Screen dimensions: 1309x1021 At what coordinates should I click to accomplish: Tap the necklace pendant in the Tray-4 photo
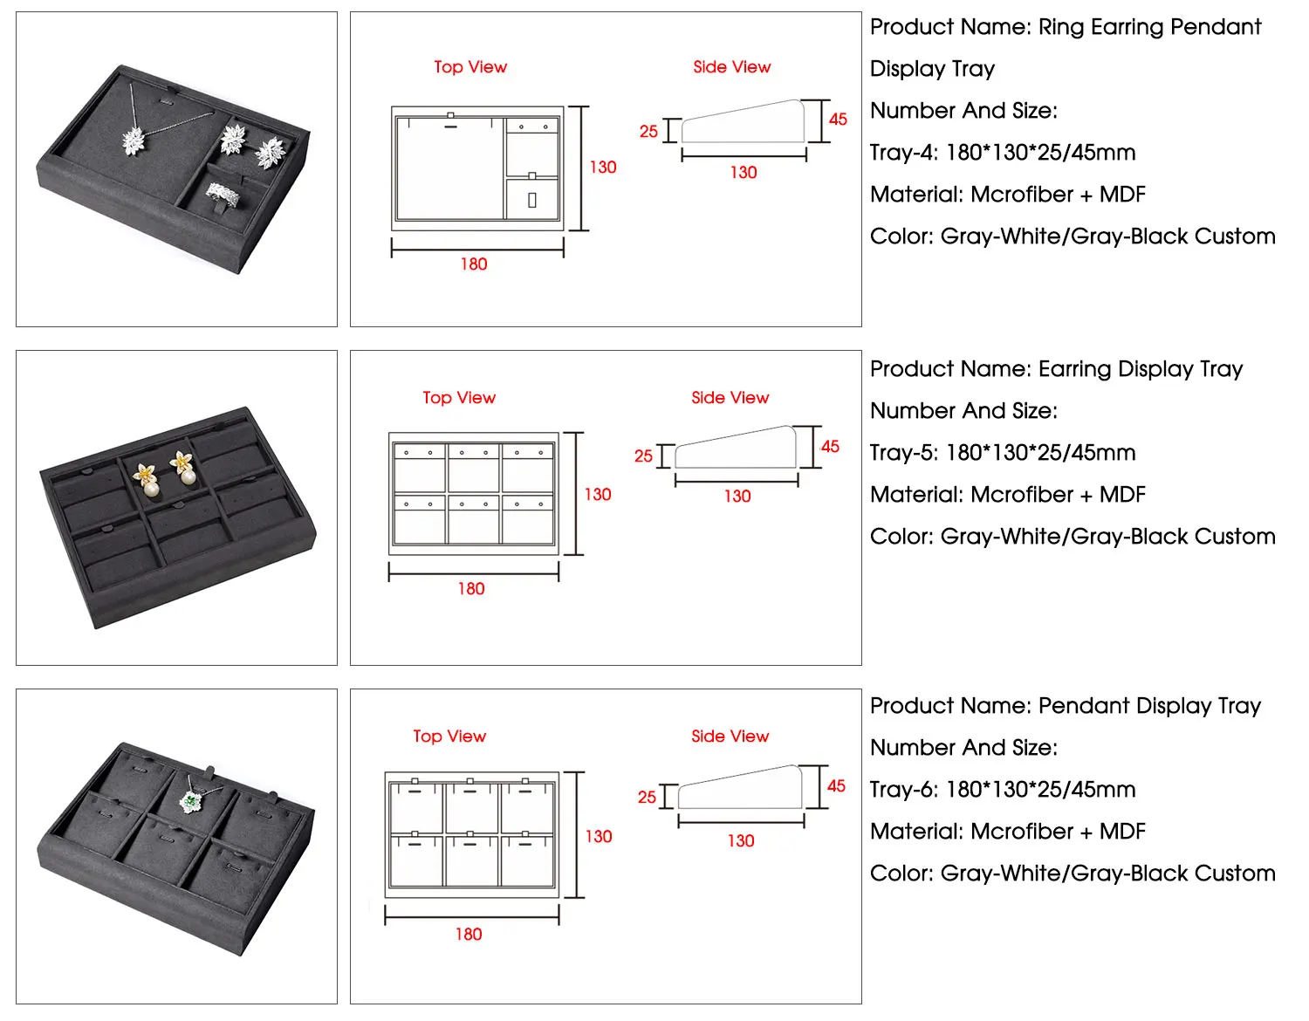click(134, 140)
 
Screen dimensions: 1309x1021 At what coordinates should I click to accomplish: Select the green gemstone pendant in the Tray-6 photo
click(191, 800)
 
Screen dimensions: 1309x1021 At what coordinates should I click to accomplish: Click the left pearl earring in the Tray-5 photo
click(146, 478)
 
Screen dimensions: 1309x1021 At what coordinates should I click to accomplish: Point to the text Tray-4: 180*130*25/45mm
click(1003, 153)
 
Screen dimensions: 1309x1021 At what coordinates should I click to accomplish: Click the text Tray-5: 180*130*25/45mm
click(1003, 453)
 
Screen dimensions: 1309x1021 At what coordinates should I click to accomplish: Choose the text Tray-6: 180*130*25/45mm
click(1003, 790)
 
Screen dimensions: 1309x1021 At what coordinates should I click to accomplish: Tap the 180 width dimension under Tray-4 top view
click(474, 264)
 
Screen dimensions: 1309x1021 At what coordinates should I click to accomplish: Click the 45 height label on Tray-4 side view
click(838, 120)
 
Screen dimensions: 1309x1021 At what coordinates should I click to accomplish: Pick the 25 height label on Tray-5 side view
click(643, 456)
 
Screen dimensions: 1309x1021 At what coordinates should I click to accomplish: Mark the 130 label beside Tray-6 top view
click(599, 836)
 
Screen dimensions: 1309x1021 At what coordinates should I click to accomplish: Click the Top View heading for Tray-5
click(459, 398)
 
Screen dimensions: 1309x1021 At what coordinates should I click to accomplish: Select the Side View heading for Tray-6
click(730, 737)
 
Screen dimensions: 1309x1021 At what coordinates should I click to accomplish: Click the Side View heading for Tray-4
click(732, 67)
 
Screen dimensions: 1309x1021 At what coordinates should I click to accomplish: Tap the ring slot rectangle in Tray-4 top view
click(532, 201)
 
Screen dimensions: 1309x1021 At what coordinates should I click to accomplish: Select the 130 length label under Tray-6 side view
click(741, 840)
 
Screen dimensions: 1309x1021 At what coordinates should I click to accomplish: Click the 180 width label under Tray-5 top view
click(471, 589)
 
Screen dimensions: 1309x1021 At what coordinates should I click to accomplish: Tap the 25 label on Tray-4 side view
click(648, 132)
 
